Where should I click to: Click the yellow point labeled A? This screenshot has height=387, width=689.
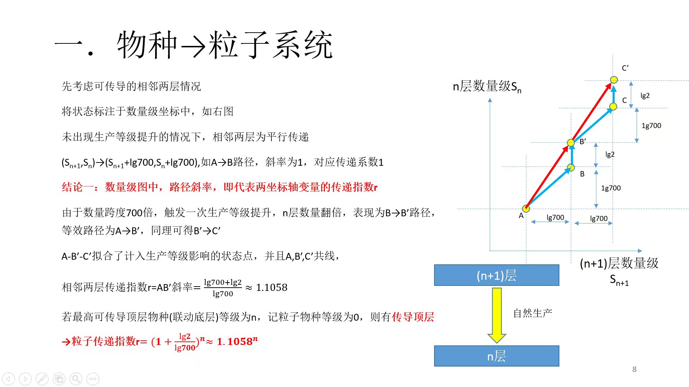[x=526, y=208]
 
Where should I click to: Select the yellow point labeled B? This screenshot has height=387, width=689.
[x=571, y=167]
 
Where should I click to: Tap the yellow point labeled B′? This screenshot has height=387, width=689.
[x=571, y=142]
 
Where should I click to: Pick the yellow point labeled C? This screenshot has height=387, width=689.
[x=613, y=107]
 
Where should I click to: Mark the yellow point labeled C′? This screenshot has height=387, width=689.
[x=614, y=80]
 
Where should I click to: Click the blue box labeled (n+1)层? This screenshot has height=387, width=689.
[x=497, y=275]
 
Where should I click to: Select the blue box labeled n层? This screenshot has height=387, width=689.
[x=497, y=356]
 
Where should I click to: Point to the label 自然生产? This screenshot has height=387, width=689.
[x=532, y=313]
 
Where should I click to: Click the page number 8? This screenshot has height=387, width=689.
[x=634, y=369]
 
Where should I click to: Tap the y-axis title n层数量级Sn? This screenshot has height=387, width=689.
[x=487, y=86]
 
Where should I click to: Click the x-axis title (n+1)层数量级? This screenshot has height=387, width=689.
[x=619, y=263]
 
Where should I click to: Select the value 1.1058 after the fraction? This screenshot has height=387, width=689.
[x=272, y=288]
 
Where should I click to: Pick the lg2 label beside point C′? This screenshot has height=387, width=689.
[x=645, y=95]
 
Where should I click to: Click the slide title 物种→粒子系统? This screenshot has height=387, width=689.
[x=225, y=45]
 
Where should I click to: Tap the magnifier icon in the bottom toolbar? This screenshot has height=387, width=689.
[x=76, y=379]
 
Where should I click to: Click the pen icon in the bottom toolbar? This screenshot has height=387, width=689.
[x=42, y=379]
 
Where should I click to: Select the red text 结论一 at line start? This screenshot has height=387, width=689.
[x=78, y=187]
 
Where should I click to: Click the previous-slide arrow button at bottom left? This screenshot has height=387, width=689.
[x=8, y=379]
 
